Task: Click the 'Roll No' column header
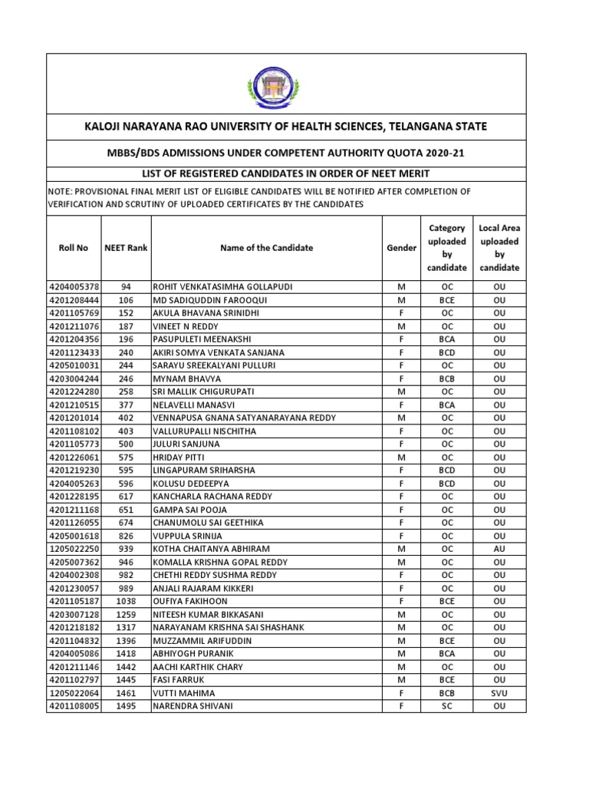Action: coord(74,248)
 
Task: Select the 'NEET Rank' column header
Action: coord(126,248)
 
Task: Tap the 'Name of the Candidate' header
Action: coord(266,248)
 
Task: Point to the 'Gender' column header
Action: coord(401,248)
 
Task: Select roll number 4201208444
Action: coord(74,300)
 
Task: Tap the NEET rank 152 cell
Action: coord(127,313)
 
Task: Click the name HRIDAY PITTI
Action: coord(177,457)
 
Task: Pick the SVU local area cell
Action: coord(499,693)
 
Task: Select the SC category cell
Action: coord(447,706)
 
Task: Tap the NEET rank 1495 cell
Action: coord(127,706)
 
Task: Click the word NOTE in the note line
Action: coord(63,191)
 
